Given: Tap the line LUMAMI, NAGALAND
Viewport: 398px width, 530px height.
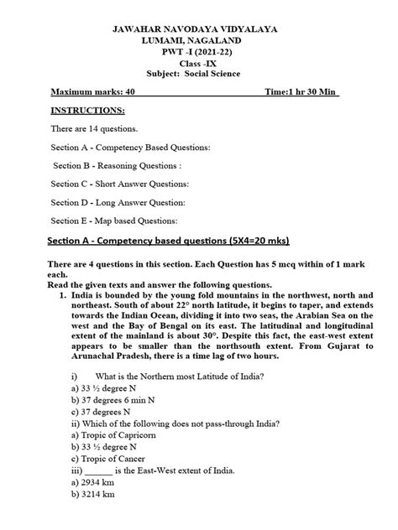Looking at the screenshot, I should point(198,41).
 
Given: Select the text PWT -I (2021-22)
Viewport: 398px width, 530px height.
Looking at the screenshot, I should point(199,53).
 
